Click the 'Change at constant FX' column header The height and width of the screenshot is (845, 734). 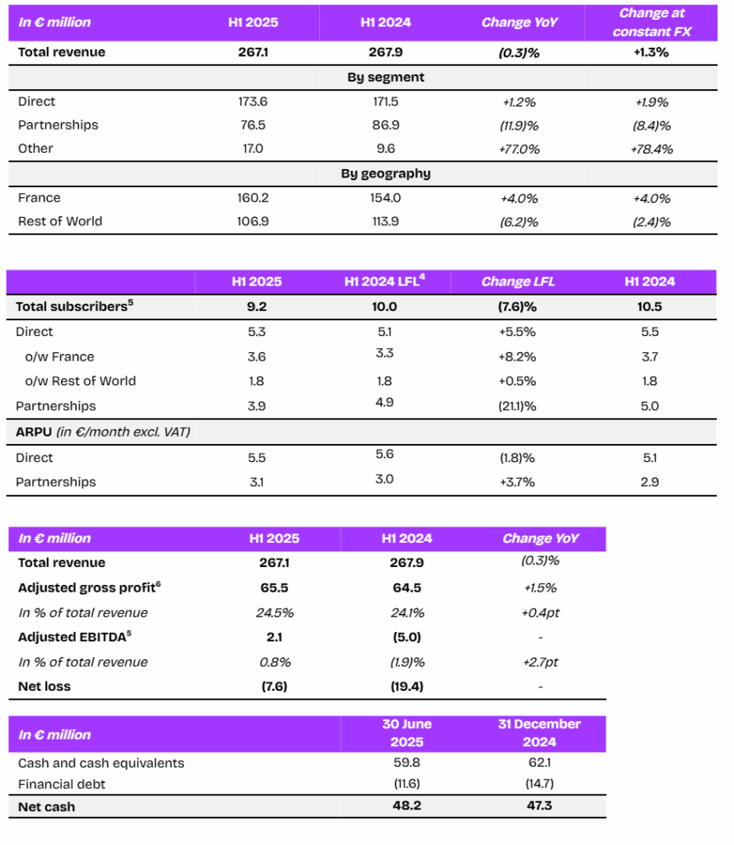(652, 22)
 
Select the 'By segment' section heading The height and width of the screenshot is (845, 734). (386, 77)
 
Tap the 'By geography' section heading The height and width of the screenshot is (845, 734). (386, 173)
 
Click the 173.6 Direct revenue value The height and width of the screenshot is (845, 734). (252, 101)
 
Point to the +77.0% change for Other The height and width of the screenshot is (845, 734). (519, 149)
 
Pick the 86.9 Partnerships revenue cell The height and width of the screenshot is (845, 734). (386, 125)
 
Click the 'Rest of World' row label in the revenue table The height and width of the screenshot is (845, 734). (59, 221)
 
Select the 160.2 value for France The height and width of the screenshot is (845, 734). (252, 198)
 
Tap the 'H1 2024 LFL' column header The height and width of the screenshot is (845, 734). (384, 281)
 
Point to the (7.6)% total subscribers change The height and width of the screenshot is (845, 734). (517, 307)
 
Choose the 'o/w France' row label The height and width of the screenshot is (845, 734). (59, 356)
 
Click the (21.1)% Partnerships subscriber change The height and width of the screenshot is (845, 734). (517, 406)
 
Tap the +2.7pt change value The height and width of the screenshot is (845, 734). (540, 662)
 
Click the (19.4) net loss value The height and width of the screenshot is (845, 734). (407, 686)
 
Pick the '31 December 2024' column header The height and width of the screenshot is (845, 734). (539, 733)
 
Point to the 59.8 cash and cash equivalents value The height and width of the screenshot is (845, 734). (407, 762)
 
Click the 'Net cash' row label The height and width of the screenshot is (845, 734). (46, 807)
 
